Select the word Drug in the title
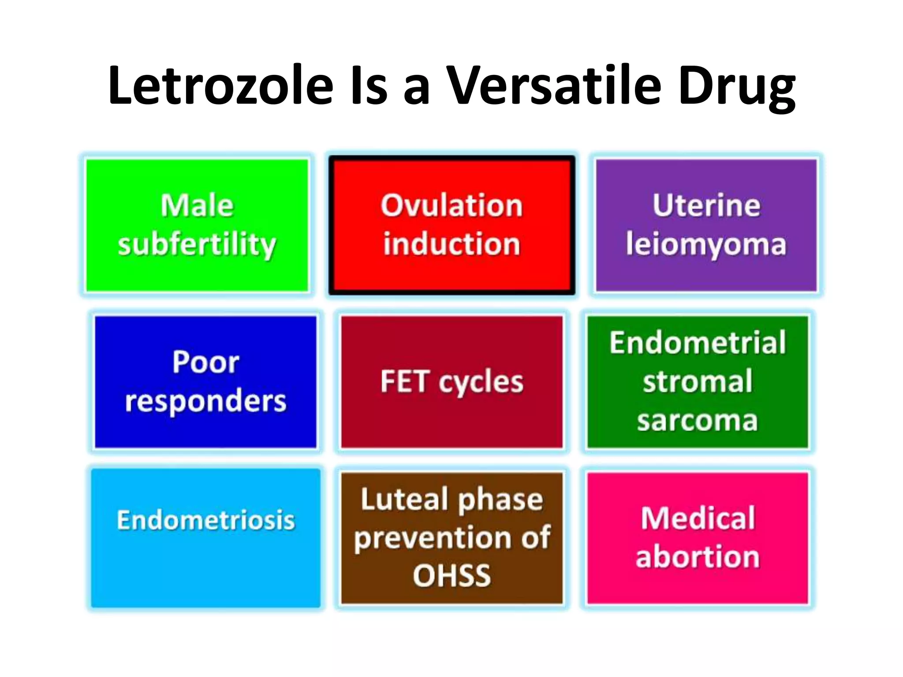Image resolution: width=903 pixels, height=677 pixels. tap(737, 88)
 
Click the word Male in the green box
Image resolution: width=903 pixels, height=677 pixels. tap(197, 206)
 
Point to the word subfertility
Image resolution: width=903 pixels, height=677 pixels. tap(197, 245)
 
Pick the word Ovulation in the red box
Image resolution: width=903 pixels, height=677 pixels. tap(451, 206)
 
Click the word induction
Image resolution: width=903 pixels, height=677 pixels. tap(451, 244)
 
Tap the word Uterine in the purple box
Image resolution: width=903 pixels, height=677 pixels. tap(706, 206)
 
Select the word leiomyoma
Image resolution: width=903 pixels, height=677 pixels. tap(706, 245)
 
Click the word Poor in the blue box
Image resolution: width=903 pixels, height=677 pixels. tap(205, 362)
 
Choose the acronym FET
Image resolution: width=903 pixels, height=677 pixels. tap(404, 382)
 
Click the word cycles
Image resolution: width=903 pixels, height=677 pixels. tap(481, 383)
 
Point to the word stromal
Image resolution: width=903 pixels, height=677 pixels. tap(698, 382)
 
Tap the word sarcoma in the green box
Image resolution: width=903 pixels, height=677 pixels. tap(698, 420)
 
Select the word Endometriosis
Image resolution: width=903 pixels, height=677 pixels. tap(205, 520)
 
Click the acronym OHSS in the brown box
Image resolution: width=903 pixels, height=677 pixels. tap(451, 576)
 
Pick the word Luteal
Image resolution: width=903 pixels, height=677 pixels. tap(404, 499)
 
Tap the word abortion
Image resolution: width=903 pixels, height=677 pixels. tap(698, 557)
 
